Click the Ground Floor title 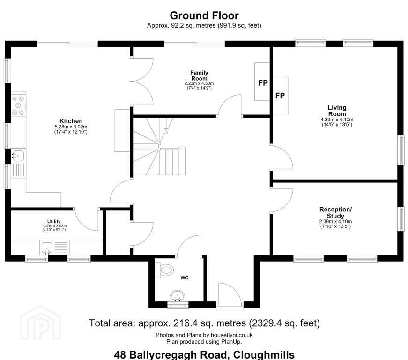204,15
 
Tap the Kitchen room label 71,121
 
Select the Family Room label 200,75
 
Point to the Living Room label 337,111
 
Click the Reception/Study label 336,213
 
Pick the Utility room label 54,222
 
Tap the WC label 185,278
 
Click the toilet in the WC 164,270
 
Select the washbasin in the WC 178,297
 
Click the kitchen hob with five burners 18,105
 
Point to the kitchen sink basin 18,156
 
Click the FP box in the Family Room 262,82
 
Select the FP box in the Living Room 281,96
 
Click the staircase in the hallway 159,146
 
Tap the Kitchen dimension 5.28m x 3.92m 71,127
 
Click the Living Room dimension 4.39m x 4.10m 337,120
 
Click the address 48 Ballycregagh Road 172,355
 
